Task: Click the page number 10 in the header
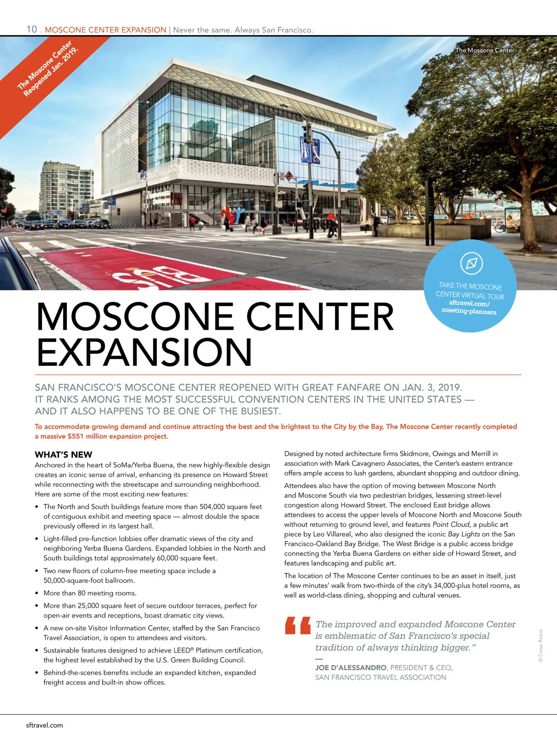click(x=32, y=29)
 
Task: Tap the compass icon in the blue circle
click(x=471, y=263)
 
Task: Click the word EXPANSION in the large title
click(x=144, y=352)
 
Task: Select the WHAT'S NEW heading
click(x=64, y=455)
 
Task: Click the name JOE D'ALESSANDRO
click(x=350, y=667)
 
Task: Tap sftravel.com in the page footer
click(x=45, y=725)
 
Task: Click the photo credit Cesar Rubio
click(x=540, y=646)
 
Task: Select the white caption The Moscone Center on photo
click(x=485, y=50)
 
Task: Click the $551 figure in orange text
click(x=76, y=436)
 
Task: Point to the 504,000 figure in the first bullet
click(x=218, y=507)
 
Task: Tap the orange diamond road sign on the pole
click(x=289, y=176)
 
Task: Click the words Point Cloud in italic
click(x=451, y=524)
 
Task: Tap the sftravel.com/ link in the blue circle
click(x=469, y=303)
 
